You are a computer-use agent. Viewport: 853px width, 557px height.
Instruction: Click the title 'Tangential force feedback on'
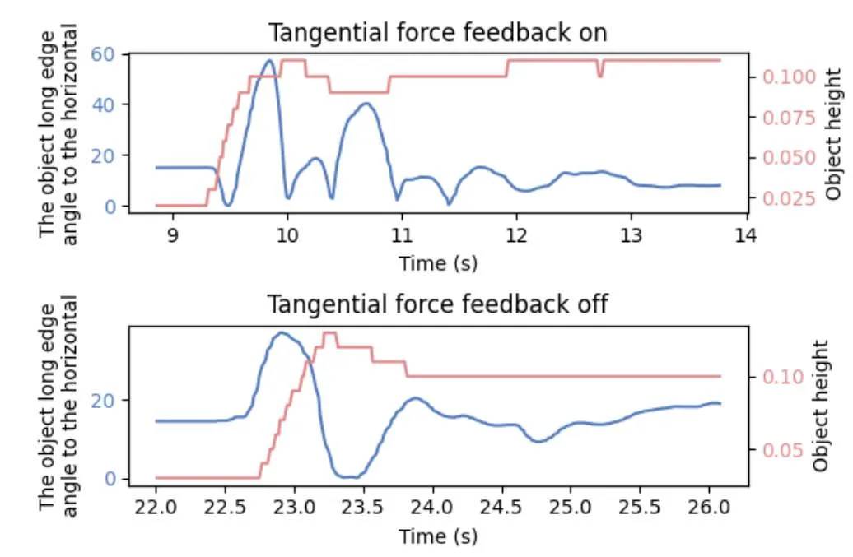pyautogui.click(x=437, y=33)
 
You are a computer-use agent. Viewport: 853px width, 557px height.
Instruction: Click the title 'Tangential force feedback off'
pyautogui.click(x=437, y=304)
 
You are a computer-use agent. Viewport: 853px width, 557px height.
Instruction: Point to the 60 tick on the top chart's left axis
pyautogui.click(x=103, y=54)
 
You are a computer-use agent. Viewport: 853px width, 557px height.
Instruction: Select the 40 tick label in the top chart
pyautogui.click(x=103, y=104)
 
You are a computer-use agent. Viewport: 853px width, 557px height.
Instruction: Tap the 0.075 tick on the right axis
pyautogui.click(x=789, y=118)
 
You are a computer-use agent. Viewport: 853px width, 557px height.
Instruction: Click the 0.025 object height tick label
pyautogui.click(x=789, y=197)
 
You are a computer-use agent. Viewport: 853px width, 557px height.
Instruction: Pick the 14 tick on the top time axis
pyautogui.click(x=746, y=235)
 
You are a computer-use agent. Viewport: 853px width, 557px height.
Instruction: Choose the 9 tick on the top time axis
pyautogui.click(x=172, y=235)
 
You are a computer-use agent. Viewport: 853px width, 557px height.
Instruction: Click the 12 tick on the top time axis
pyautogui.click(x=516, y=235)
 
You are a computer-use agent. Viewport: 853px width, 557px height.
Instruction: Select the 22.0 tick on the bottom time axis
pyautogui.click(x=156, y=507)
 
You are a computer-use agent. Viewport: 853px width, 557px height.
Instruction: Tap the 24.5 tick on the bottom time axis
pyautogui.click(x=501, y=507)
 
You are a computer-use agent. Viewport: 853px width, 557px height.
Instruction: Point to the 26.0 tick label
pyautogui.click(x=708, y=507)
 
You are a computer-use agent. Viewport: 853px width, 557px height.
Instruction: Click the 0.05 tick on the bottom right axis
pyautogui.click(x=783, y=450)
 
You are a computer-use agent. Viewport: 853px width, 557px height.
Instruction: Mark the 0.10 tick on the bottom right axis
pyautogui.click(x=783, y=377)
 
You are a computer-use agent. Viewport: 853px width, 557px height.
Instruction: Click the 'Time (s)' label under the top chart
pyautogui.click(x=438, y=263)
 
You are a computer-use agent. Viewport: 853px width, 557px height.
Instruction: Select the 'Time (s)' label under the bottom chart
pyautogui.click(x=438, y=536)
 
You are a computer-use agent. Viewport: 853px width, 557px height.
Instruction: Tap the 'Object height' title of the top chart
pyautogui.click(x=833, y=134)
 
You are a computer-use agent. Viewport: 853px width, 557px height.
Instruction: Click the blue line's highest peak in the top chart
pyautogui.click(x=269, y=60)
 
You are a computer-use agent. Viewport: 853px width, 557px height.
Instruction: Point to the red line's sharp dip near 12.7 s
pyautogui.click(x=600, y=76)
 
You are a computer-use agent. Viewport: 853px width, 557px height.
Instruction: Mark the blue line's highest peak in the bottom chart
pyautogui.click(x=281, y=332)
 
